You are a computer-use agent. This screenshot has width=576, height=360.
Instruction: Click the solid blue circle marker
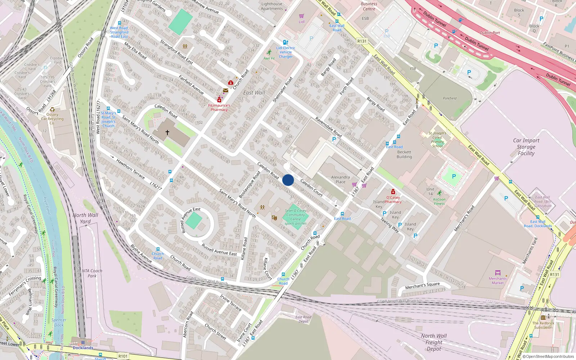tap(288, 180)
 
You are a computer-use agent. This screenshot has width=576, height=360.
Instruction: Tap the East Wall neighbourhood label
tap(254, 93)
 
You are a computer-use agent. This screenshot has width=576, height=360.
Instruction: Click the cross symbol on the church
tap(167, 132)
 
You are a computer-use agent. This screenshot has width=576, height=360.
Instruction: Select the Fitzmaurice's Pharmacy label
tap(219, 108)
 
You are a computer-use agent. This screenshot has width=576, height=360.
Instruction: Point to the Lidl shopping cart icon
tap(302, 16)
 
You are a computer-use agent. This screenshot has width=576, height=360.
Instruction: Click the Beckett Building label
tap(404, 154)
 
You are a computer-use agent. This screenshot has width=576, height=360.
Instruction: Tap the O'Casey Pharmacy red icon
tap(393, 192)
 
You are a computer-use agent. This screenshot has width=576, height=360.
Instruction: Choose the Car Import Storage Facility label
tap(526, 147)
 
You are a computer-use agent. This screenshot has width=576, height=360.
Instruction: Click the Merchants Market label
tap(498, 280)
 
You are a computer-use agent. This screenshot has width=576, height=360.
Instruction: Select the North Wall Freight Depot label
tap(434, 342)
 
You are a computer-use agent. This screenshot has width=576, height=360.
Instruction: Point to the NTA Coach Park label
tap(92, 273)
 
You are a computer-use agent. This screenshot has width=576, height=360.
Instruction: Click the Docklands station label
tap(83, 348)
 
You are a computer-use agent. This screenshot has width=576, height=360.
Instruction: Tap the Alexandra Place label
tap(340, 179)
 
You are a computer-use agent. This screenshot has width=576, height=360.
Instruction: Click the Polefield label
tap(450, 98)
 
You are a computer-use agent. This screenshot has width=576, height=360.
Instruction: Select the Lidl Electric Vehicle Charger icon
tap(285, 42)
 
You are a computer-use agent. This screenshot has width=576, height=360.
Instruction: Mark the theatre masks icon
tap(274, 218)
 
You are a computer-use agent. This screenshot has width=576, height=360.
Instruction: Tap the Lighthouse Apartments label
tap(272, 6)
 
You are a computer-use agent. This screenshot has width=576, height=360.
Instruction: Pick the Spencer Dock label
tap(59, 322)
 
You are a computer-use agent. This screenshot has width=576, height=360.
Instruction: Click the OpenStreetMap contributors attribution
tap(548, 356)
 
